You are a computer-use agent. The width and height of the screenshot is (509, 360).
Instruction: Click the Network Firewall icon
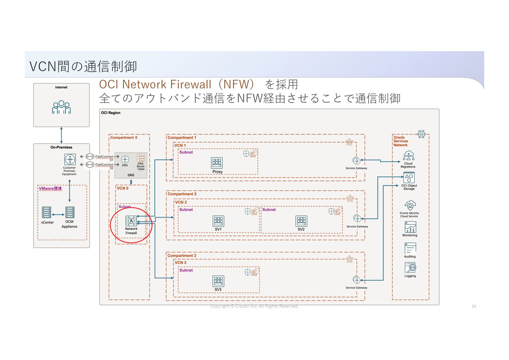(x=131, y=221)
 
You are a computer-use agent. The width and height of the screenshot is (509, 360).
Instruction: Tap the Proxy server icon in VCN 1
(x=217, y=163)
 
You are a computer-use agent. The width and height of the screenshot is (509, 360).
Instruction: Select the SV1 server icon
(x=218, y=221)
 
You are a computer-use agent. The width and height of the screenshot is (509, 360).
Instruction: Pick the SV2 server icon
(x=301, y=221)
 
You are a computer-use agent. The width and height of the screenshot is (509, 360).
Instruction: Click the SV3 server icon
(x=218, y=281)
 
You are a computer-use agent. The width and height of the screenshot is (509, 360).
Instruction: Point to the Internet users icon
(x=61, y=107)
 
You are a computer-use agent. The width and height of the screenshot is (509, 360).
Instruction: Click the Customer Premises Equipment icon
(x=70, y=159)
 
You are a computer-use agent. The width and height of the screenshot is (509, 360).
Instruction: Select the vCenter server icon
(x=47, y=212)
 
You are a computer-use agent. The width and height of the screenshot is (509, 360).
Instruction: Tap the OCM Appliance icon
(x=70, y=212)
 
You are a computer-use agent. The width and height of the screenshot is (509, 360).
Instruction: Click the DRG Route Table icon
(x=141, y=158)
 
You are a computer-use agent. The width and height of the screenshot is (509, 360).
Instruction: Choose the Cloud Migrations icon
(x=409, y=155)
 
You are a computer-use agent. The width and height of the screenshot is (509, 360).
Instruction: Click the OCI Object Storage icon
(x=409, y=178)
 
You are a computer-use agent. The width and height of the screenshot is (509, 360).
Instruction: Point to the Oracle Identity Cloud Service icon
(x=410, y=206)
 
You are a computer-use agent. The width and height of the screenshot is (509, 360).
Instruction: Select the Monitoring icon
(x=410, y=227)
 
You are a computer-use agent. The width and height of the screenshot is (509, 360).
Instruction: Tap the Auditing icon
(x=410, y=248)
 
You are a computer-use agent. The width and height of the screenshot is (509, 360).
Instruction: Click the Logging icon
(x=410, y=268)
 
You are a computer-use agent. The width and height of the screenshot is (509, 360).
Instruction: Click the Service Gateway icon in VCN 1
(x=357, y=161)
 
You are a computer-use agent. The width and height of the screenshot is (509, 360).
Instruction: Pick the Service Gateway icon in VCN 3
(x=357, y=280)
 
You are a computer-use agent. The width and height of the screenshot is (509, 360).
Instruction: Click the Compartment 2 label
(x=182, y=194)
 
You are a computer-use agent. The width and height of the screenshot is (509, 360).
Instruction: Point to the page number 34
(x=474, y=306)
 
